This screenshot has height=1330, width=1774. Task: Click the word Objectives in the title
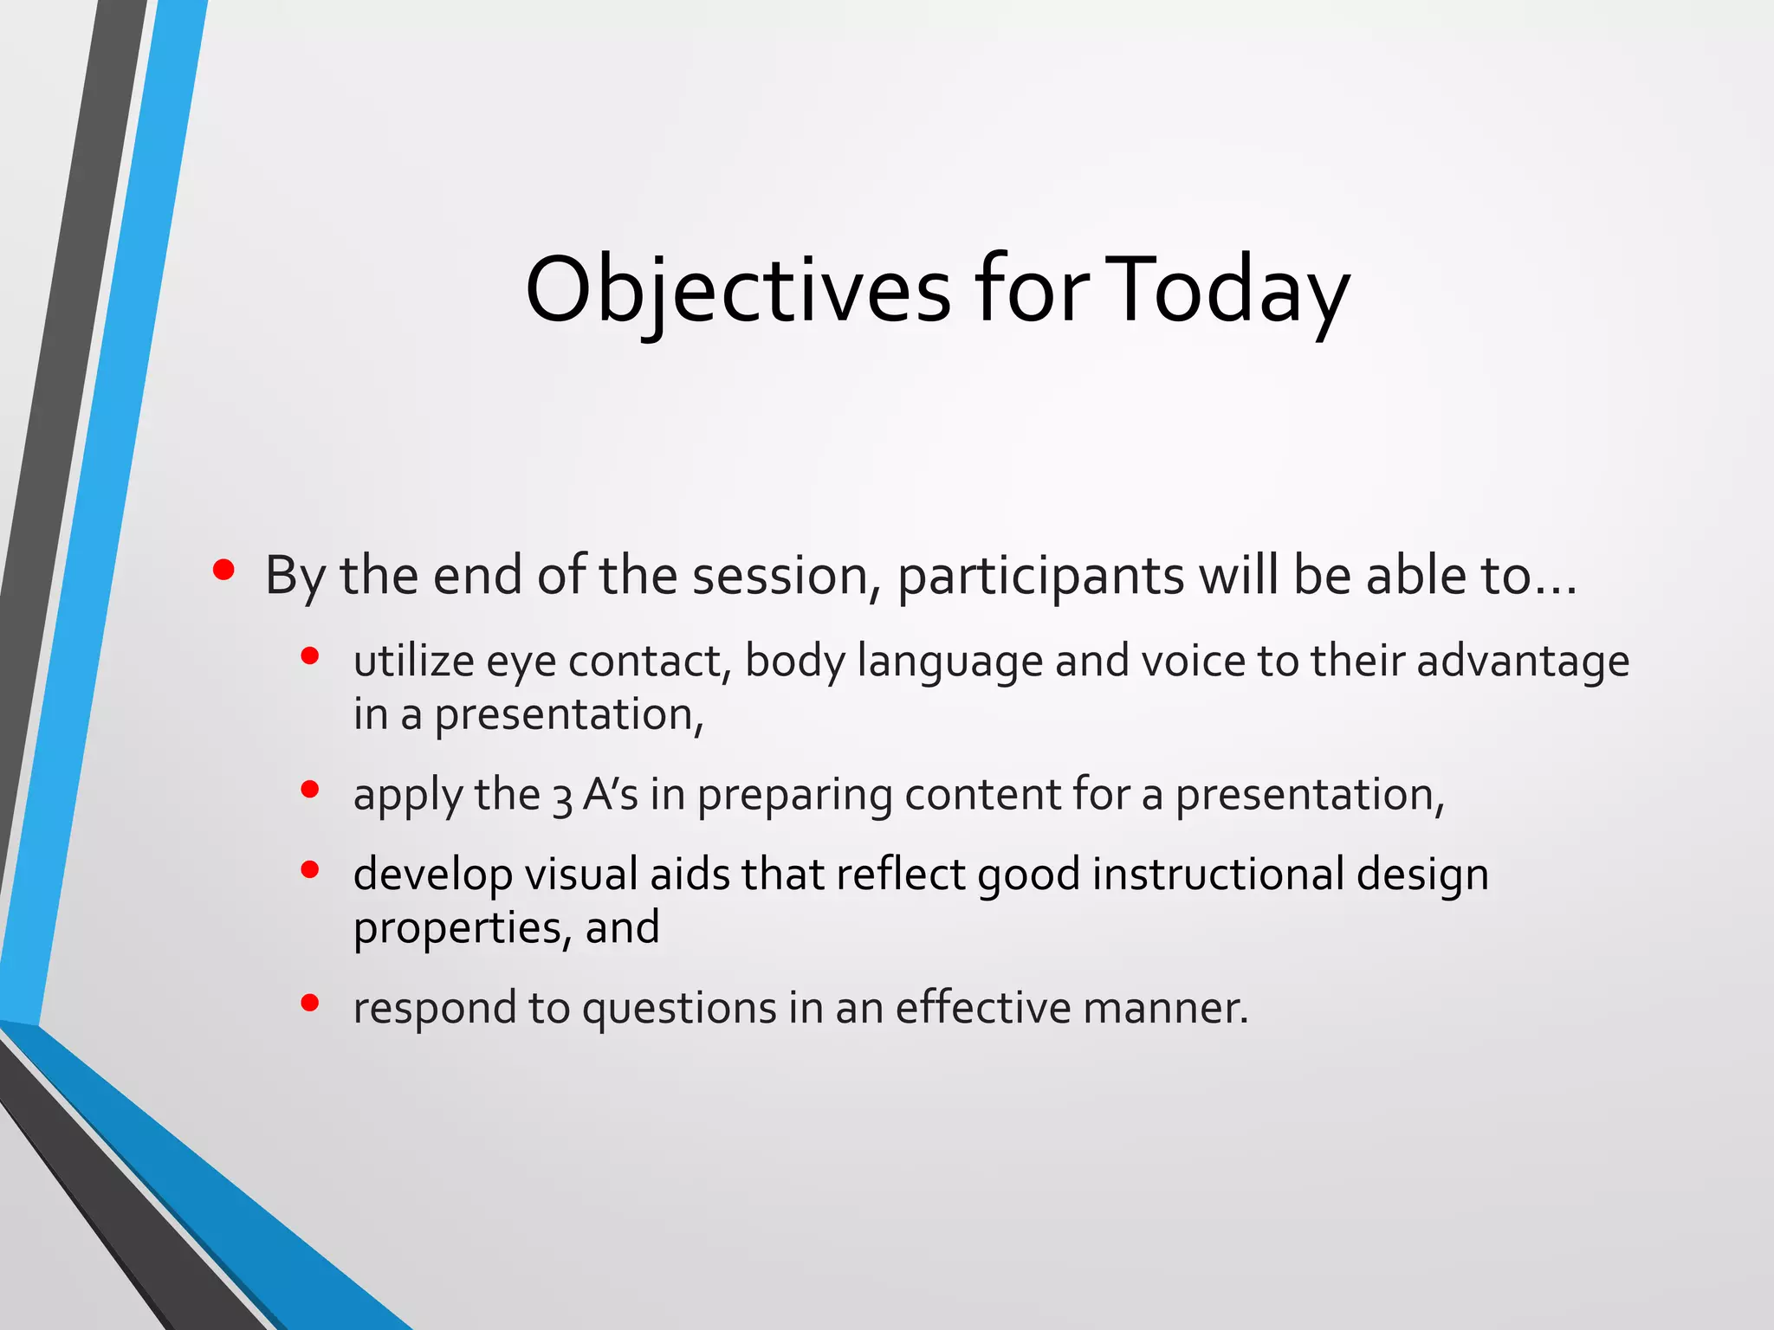(x=737, y=290)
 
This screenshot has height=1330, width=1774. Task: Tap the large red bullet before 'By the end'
(x=223, y=570)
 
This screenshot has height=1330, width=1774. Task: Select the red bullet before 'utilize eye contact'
(x=310, y=656)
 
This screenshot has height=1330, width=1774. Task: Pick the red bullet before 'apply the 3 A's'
(x=310, y=789)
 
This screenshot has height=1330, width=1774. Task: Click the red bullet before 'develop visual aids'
(x=310, y=869)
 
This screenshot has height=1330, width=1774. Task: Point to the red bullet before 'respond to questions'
(x=310, y=1003)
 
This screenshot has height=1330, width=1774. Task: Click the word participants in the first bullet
(x=1040, y=576)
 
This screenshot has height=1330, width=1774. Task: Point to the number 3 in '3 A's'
(x=562, y=797)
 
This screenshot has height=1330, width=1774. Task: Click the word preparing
(x=794, y=796)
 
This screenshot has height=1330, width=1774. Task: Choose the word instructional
(x=1218, y=874)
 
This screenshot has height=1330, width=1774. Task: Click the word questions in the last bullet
(x=679, y=1009)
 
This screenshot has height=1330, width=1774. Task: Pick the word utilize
(x=413, y=661)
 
